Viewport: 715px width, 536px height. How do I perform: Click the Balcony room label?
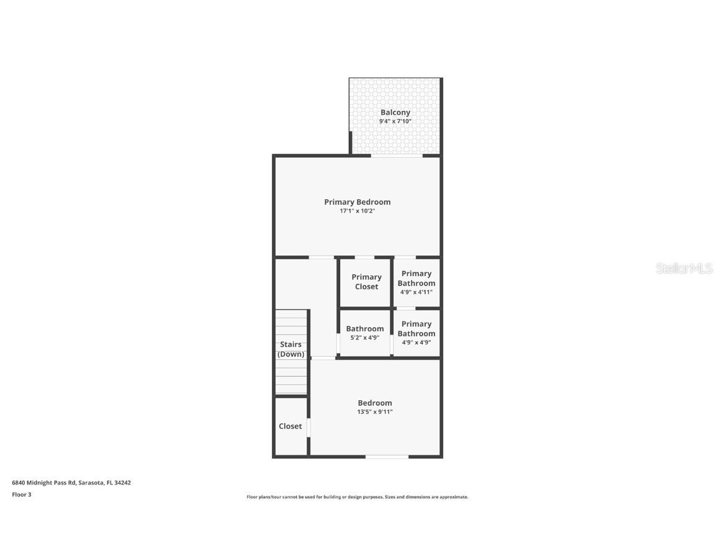[395, 112]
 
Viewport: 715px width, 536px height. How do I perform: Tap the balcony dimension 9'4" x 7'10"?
[395, 122]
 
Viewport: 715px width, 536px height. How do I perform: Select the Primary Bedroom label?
[357, 202]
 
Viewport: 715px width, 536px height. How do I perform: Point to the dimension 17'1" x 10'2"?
[357, 211]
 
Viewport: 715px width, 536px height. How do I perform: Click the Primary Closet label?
[366, 282]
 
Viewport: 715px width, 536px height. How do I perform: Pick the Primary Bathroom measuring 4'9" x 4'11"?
[416, 282]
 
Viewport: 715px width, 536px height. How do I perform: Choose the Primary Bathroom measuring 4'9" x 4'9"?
[416, 333]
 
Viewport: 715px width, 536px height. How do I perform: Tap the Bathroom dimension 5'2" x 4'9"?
[365, 338]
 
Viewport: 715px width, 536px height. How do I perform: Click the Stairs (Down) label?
[291, 349]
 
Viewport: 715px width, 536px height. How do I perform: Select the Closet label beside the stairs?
[290, 426]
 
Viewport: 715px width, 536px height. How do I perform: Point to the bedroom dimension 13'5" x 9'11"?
[375, 412]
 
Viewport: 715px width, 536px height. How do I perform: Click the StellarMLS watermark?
[685, 269]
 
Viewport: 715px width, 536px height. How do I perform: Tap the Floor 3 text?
[22, 494]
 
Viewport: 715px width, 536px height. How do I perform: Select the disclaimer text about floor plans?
[357, 497]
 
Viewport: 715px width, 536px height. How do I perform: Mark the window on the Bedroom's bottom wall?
[387, 457]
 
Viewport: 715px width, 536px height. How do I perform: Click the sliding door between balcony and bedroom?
[397, 155]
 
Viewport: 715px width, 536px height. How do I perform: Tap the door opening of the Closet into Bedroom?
[308, 428]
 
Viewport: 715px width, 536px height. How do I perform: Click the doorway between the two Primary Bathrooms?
[406, 308]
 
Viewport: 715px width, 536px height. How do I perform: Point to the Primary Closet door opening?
[364, 257]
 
